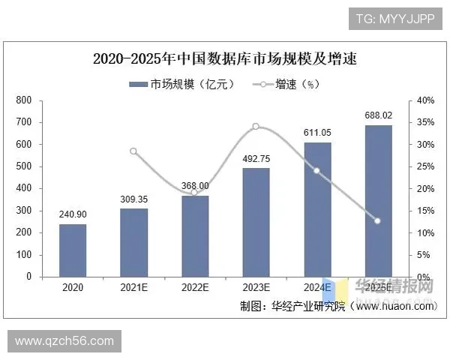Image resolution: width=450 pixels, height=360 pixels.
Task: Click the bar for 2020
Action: tap(73, 250)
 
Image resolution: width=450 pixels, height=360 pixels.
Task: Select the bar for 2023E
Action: tap(256, 222)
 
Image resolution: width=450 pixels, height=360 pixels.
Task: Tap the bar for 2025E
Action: tap(378, 200)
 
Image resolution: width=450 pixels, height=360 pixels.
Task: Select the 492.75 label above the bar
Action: tap(256, 158)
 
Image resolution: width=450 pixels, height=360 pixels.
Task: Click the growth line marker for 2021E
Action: tap(133, 151)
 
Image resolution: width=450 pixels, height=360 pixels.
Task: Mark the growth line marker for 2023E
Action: tap(256, 126)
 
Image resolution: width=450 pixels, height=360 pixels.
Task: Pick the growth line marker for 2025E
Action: tap(378, 220)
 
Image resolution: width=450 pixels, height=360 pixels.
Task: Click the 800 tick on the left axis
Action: tap(24, 100)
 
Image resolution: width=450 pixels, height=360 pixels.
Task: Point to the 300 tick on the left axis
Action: tap(24, 211)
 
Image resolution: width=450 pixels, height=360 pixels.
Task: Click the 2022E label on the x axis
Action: tap(195, 287)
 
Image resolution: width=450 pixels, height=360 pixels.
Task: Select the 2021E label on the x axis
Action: tap(133, 287)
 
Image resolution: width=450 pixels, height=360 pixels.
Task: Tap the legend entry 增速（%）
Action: tap(289, 84)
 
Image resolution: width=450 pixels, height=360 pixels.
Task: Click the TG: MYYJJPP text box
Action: tap(394, 18)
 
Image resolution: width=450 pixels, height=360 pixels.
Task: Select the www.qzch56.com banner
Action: tap(64, 342)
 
